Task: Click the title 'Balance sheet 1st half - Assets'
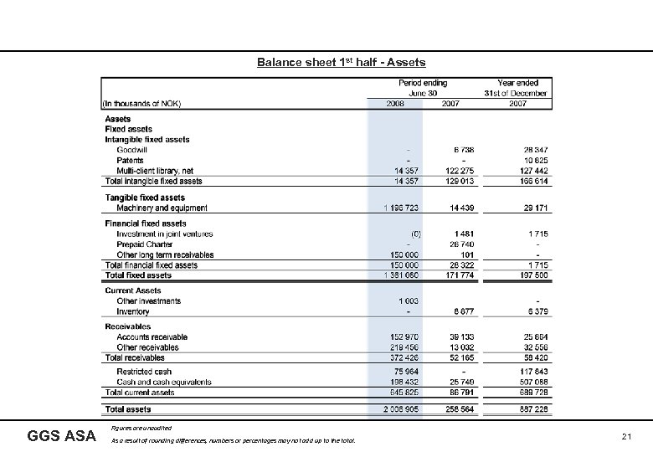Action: click(x=341, y=62)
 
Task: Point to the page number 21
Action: click(x=627, y=436)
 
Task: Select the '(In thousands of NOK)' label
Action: click(x=141, y=104)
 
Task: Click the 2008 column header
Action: click(x=396, y=104)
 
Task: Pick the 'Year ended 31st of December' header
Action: click(x=517, y=88)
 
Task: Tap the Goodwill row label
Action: click(x=131, y=150)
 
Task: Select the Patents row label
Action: click(x=130, y=160)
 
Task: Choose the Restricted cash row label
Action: click(x=144, y=372)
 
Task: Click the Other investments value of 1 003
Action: click(x=407, y=301)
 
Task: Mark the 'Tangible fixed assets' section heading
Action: click(x=145, y=198)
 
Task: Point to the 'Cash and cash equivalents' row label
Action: click(x=164, y=382)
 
